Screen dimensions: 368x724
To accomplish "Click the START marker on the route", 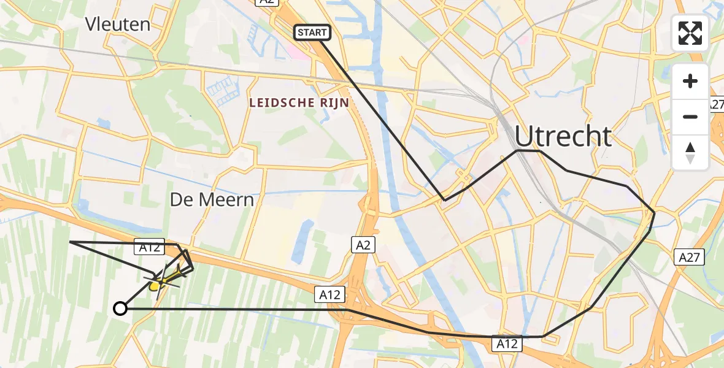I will point(313,33).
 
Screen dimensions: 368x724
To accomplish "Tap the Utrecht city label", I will point(563,136).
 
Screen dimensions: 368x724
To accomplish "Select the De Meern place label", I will point(212,200).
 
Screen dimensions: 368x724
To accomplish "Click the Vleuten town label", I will point(118,25).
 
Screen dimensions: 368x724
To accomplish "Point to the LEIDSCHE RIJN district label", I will point(299,103).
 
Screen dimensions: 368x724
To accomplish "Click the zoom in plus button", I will point(690,81).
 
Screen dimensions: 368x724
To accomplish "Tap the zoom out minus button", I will point(690,117).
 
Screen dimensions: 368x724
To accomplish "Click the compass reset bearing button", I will point(690,152).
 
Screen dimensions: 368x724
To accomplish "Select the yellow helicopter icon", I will point(161,281).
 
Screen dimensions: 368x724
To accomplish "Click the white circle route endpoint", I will point(120,309).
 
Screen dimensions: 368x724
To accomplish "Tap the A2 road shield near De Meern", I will point(363,245).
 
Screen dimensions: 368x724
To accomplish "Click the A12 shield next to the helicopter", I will point(150,247).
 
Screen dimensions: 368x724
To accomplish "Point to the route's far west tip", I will point(71,242).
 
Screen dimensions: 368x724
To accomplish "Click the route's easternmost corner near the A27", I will point(655,212).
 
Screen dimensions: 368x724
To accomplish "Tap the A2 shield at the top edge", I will point(266,2).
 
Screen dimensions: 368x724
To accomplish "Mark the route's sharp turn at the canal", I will point(445,200).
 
